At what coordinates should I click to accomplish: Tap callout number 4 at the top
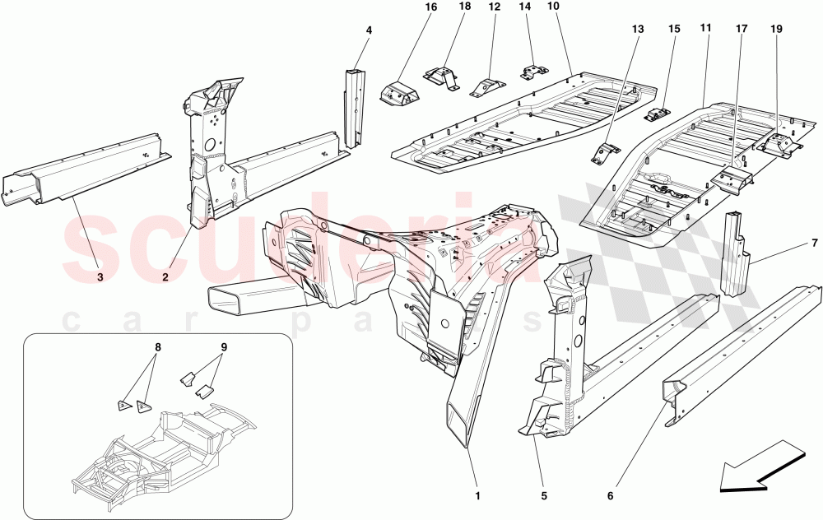[x=369, y=30]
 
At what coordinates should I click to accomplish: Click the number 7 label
[x=814, y=244]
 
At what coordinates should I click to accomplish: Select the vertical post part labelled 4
[x=354, y=107]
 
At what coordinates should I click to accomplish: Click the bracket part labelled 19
[x=779, y=145]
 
